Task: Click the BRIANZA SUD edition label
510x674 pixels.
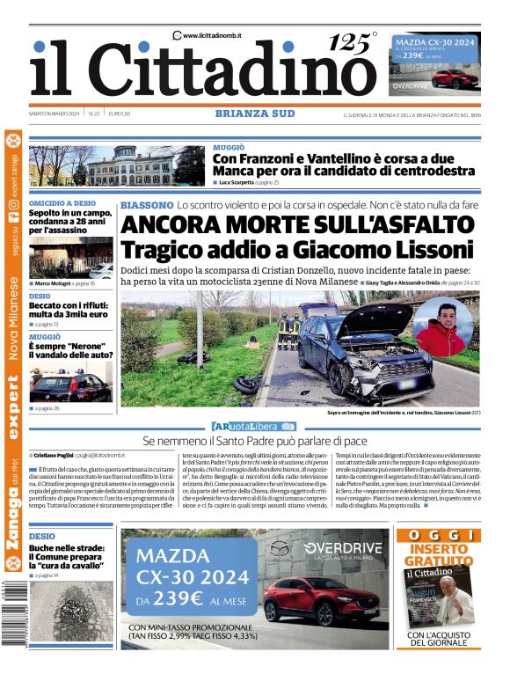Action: pyautogui.click(x=253, y=114)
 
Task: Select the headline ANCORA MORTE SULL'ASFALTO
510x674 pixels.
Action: pyautogui.click(x=296, y=225)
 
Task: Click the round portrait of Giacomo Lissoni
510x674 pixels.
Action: pyautogui.click(x=442, y=327)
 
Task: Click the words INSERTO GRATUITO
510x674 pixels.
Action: pyautogui.click(x=437, y=555)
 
